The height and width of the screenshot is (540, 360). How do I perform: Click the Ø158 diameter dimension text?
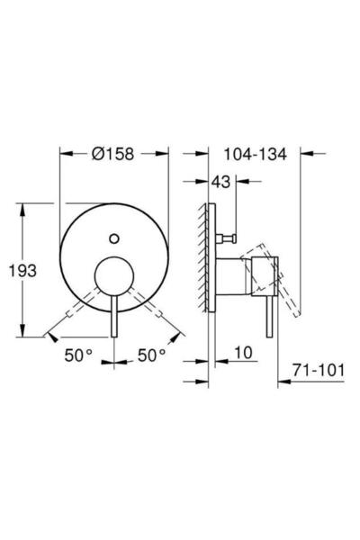click(112, 154)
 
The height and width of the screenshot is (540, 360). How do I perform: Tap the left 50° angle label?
click(78, 355)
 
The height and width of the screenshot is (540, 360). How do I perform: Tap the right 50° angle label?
click(151, 355)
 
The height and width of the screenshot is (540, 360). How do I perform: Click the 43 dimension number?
click(220, 182)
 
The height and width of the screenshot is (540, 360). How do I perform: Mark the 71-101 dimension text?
click(319, 368)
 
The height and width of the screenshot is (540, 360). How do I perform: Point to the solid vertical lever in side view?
click(267, 315)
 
